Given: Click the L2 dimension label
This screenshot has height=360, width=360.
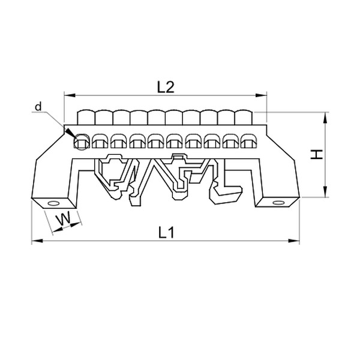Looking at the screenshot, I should click(165, 86).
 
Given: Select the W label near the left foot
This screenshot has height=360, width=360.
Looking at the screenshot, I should click(61, 221).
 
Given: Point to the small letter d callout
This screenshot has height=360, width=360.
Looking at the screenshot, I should click(38, 107).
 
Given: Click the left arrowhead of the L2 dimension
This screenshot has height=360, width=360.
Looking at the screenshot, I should click(67, 95).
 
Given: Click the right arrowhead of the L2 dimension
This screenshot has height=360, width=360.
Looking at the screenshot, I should click(262, 95).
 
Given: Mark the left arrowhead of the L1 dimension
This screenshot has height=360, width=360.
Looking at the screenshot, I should click(35, 241).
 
